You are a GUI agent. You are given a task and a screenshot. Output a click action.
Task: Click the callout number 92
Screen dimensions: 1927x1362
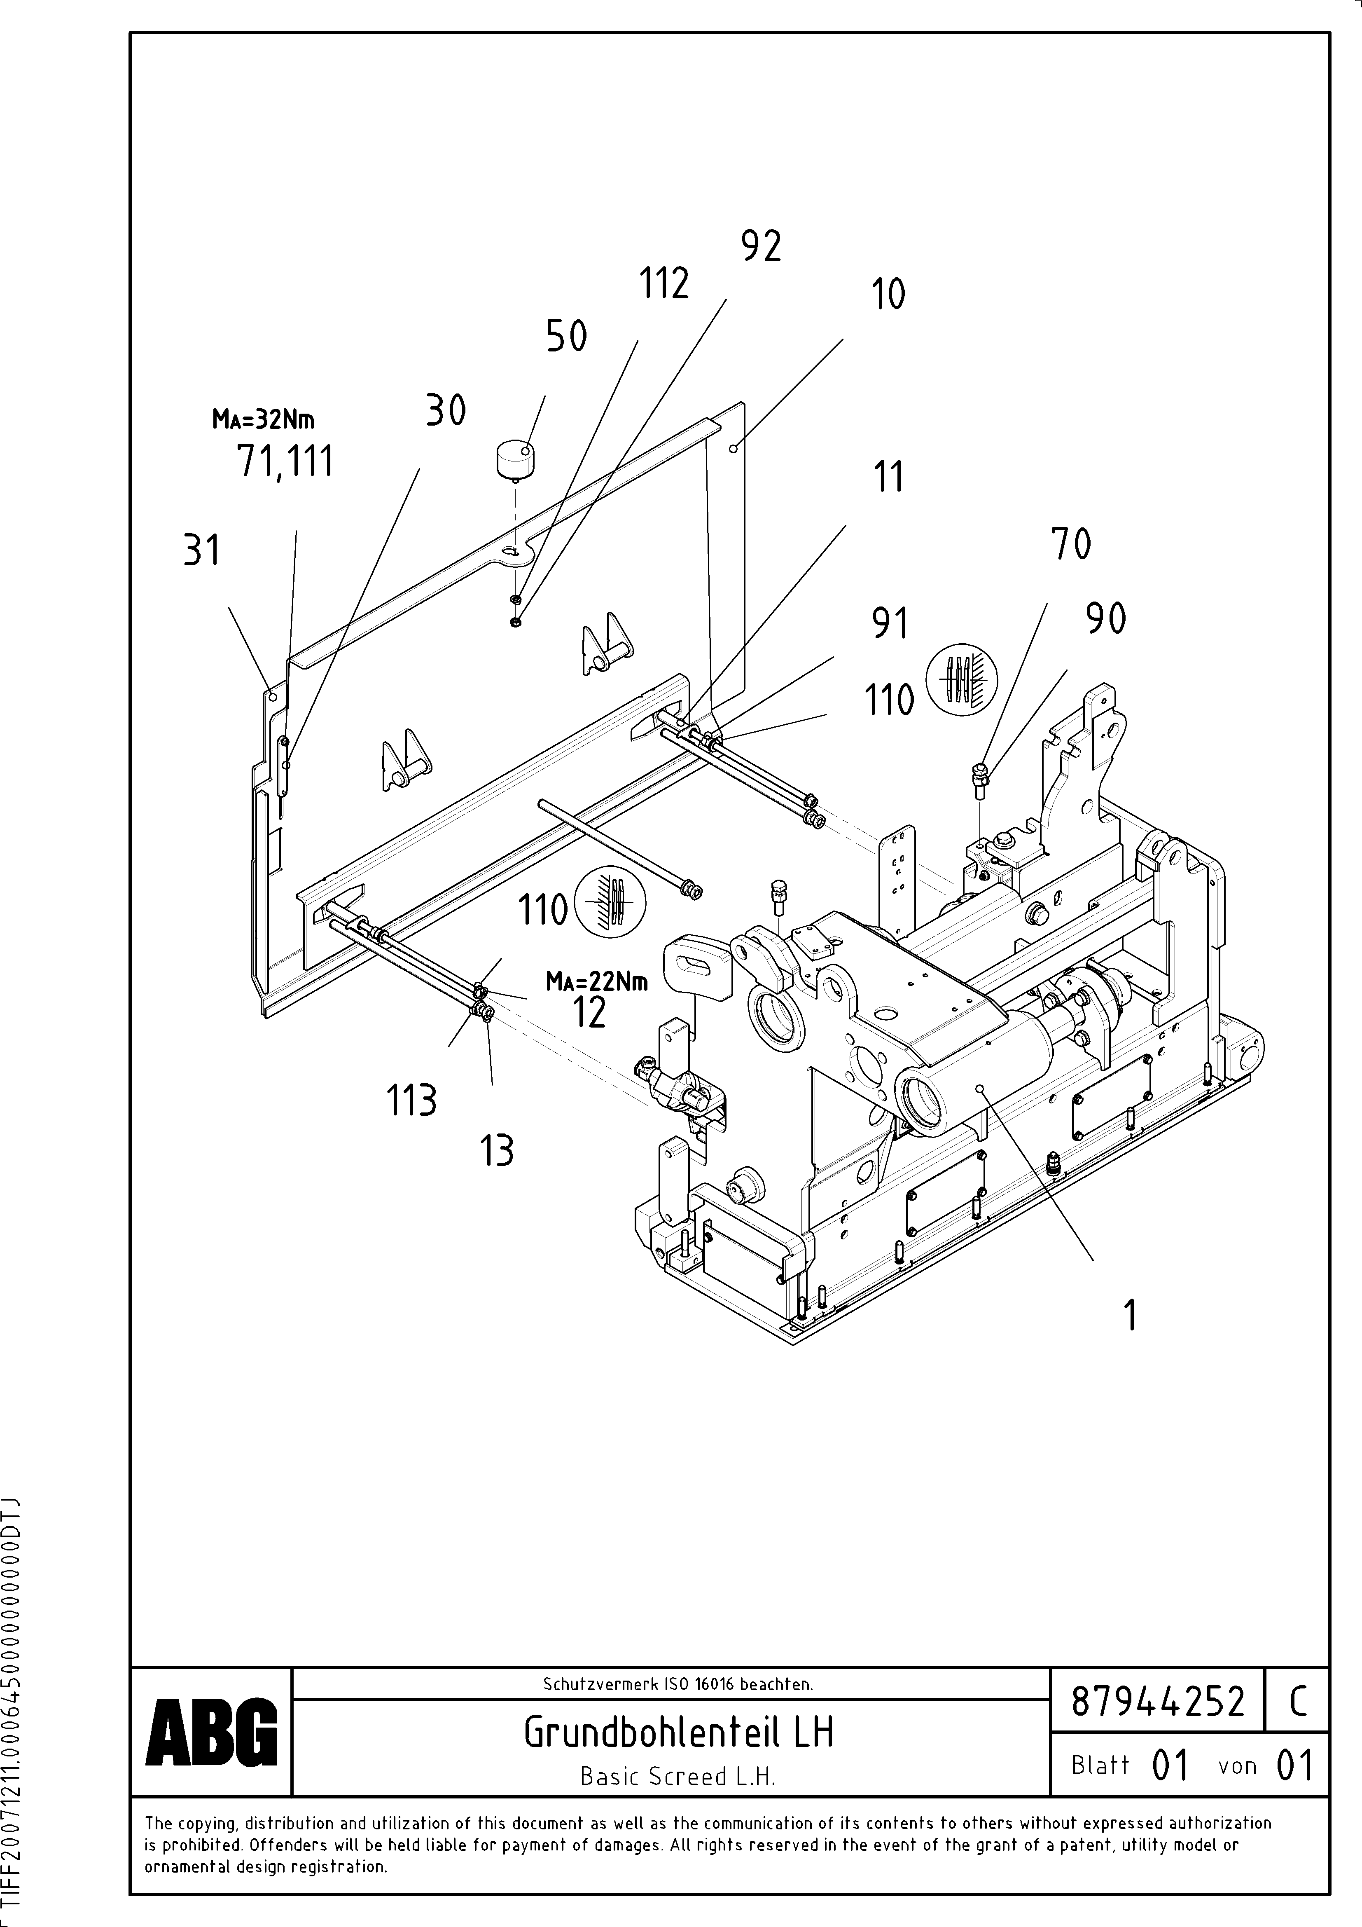tap(761, 247)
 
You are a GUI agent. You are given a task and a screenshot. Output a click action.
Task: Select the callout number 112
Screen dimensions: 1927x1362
tap(665, 284)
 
